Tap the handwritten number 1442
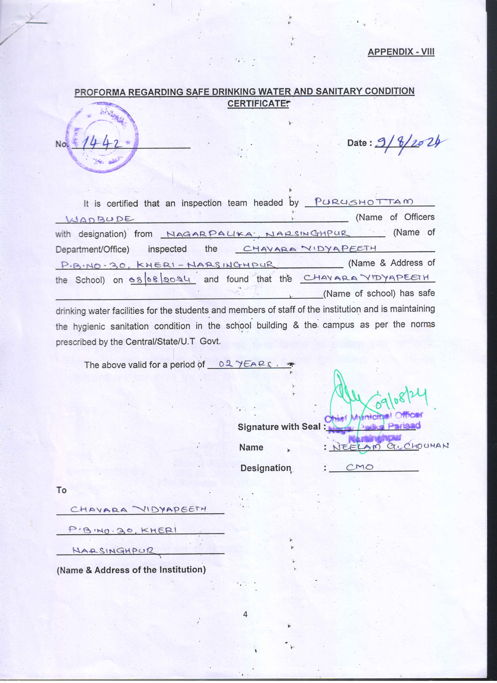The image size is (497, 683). point(102,143)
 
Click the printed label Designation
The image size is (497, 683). point(265,468)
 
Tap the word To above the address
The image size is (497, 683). point(61,490)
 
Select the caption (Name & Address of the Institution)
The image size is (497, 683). point(131,570)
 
